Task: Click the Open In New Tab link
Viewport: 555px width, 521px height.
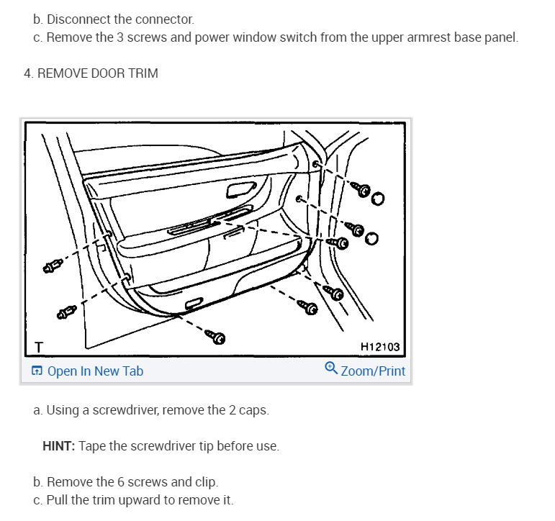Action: [x=87, y=371]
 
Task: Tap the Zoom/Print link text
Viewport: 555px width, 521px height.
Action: [x=373, y=371]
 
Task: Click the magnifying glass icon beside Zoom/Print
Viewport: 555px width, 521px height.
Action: [x=331, y=368]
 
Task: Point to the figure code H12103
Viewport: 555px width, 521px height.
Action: [x=380, y=347]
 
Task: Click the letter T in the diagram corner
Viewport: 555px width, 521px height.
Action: [x=39, y=348]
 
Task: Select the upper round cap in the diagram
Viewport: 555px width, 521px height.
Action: [x=378, y=199]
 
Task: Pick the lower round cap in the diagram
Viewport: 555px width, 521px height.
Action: [x=371, y=239]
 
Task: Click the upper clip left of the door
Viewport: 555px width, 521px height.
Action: [x=53, y=266]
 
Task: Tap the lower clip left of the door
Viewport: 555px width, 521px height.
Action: [x=66, y=312]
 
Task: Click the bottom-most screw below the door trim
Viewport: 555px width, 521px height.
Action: [x=215, y=336]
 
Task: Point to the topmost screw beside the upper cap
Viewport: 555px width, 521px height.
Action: [x=361, y=189]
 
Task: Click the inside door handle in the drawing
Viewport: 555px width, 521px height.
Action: [x=240, y=190]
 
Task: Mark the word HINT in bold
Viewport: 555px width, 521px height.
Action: [x=59, y=446]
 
